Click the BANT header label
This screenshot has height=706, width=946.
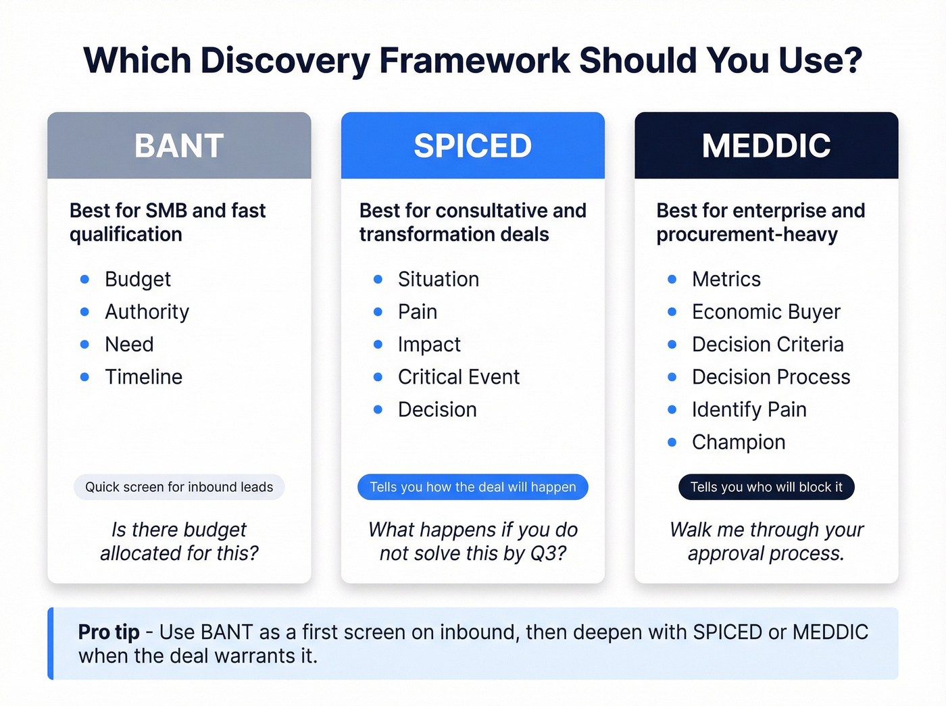[x=179, y=146]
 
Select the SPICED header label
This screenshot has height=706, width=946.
[x=472, y=146]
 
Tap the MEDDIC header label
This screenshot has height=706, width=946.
[x=766, y=146]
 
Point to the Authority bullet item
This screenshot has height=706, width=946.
[x=147, y=311]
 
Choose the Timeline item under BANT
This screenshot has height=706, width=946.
[x=143, y=377]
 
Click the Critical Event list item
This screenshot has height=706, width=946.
[x=458, y=377]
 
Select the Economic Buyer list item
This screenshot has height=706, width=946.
[x=766, y=311]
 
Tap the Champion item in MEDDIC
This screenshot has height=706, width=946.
[x=738, y=442]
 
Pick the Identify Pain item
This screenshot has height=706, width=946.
[x=749, y=409]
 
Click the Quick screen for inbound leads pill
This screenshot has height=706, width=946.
[x=179, y=487]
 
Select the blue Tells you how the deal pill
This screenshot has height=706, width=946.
[x=472, y=487]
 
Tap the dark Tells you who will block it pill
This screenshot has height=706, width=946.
[x=766, y=487]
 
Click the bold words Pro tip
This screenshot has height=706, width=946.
[x=109, y=632]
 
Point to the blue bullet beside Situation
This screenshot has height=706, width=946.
[x=378, y=279]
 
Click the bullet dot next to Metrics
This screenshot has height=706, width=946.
[x=672, y=279]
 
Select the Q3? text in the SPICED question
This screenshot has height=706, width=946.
[x=548, y=553]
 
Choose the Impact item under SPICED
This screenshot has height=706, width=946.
[x=429, y=345]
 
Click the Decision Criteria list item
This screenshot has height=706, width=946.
[x=768, y=345]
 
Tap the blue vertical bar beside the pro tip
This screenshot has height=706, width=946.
[x=51, y=643]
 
